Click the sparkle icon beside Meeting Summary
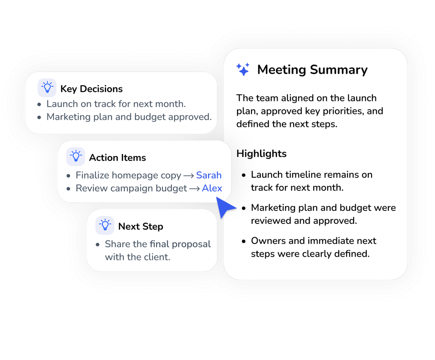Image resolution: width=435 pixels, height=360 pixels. click(x=243, y=69)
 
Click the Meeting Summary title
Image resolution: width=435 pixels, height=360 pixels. click(x=312, y=70)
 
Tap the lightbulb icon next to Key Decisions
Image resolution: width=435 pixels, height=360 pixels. click(x=47, y=88)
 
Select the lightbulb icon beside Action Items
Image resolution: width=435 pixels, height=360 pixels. click(x=76, y=157)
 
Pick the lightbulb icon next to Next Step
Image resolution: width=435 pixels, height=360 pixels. click(x=105, y=225)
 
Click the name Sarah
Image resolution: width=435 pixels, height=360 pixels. click(x=209, y=175)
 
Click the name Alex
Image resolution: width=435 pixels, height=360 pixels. click(x=212, y=188)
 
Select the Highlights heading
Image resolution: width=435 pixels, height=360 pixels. click(x=261, y=153)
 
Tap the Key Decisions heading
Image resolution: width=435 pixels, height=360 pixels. click(x=91, y=89)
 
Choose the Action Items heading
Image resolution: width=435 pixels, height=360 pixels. click(x=117, y=157)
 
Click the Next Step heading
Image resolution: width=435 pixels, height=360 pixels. click(x=141, y=227)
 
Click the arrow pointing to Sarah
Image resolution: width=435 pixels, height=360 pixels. click(x=189, y=176)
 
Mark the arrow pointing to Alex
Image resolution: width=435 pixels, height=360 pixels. click(x=194, y=189)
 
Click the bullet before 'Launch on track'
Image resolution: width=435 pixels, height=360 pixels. click(x=39, y=104)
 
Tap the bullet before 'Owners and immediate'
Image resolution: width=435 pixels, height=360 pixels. click(x=244, y=241)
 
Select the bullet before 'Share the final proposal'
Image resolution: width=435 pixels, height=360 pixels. click(x=97, y=245)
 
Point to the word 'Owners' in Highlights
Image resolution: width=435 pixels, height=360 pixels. click(x=268, y=241)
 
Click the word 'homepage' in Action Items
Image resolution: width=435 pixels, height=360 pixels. click(x=135, y=176)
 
